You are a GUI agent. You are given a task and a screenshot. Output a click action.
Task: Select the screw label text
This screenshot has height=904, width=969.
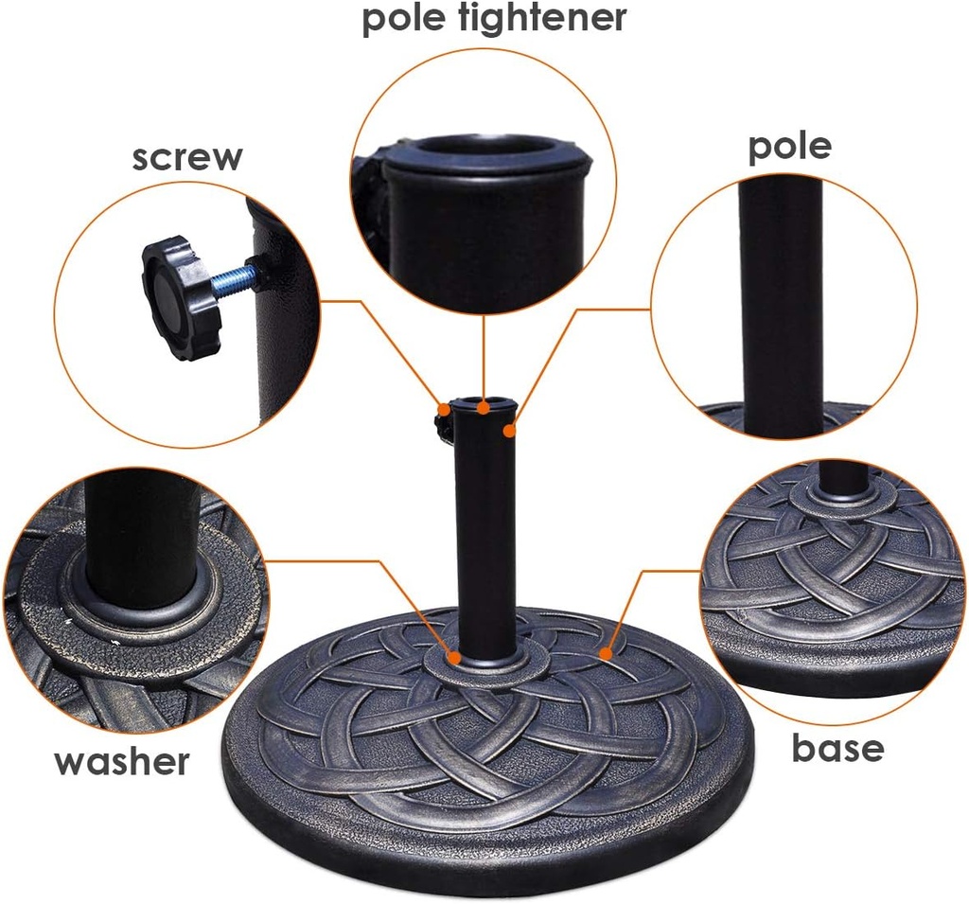tap(186, 157)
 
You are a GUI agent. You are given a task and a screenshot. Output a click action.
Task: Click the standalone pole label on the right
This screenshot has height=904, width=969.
tap(789, 146)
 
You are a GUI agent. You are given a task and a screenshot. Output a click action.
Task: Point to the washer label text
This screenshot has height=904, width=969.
tap(122, 760)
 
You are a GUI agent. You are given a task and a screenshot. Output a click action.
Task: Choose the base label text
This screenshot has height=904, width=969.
tap(837, 748)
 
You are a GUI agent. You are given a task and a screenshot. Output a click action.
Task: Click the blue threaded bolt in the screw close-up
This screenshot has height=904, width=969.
tap(233, 279)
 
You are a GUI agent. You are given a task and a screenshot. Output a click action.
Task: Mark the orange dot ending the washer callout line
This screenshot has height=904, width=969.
tap(455, 656)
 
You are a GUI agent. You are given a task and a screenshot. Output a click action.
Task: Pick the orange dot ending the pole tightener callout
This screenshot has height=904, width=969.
tap(484, 408)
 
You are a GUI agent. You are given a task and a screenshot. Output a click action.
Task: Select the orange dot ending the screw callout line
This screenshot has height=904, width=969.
tap(444, 409)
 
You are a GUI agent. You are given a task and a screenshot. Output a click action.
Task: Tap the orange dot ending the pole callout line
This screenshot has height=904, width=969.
tap(510, 431)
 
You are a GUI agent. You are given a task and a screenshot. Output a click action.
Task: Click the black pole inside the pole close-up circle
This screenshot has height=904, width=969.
tap(781, 303)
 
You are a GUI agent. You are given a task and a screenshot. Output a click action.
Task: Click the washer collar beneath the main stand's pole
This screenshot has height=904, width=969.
tap(484, 664)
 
